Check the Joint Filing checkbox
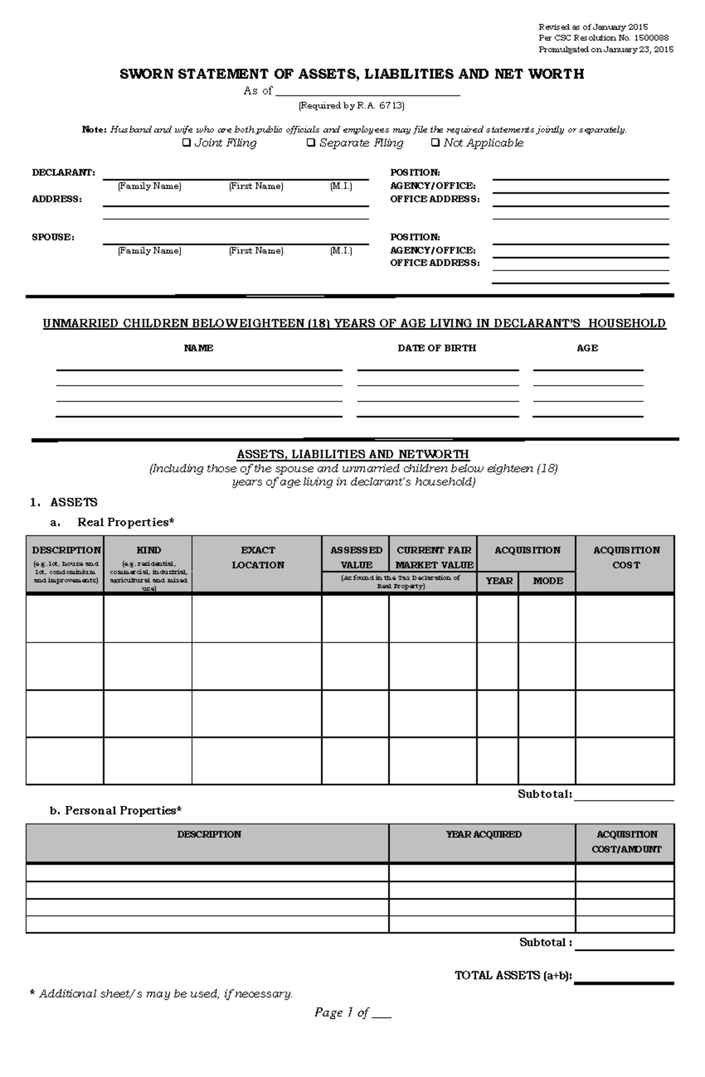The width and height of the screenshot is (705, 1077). point(186,143)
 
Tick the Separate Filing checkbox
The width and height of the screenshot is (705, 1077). point(311,143)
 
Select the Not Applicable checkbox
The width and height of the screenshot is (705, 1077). point(435,143)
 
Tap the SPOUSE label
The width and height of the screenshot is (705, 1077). point(53,237)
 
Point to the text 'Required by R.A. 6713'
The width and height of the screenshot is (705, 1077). point(351,106)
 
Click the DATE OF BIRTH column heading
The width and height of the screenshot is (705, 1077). point(437,348)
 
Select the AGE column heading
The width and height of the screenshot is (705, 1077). point(587,348)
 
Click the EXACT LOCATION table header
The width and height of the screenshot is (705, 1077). point(257,558)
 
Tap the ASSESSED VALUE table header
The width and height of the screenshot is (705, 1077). point(356,558)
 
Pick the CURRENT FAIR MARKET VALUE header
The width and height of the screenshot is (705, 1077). point(434,558)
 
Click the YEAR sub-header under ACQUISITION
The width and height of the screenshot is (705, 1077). point(499,581)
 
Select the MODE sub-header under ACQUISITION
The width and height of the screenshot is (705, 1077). point(548,581)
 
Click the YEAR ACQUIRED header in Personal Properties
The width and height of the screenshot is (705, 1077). point(483,835)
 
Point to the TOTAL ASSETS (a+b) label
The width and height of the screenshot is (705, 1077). point(513,975)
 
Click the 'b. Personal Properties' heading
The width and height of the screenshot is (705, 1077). point(116,811)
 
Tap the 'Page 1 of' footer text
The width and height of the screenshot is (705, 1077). point(341,1012)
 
